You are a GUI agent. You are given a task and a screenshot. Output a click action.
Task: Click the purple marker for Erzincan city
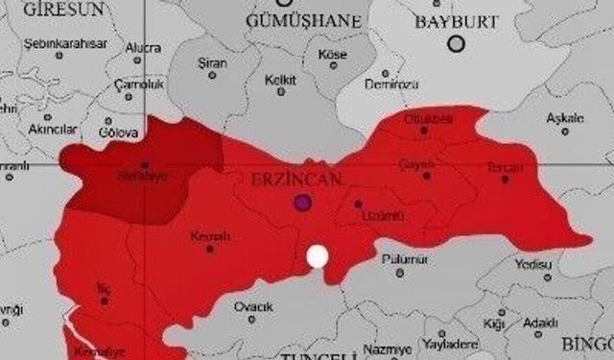[304, 203]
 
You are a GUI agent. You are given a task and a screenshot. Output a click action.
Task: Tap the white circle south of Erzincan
[317, 256]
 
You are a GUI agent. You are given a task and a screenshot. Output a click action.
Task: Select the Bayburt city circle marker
[457, 42]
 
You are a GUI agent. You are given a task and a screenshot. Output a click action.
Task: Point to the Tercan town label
[505, 167]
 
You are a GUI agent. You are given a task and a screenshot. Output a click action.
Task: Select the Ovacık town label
[254, 306]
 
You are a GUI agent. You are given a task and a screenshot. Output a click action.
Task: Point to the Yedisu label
[533, 264]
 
